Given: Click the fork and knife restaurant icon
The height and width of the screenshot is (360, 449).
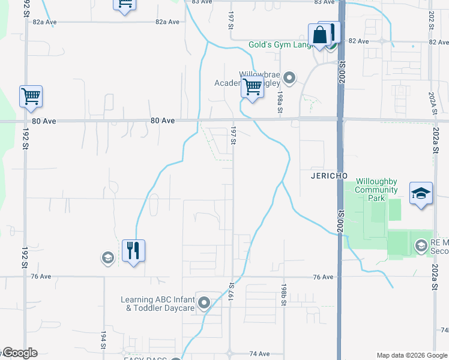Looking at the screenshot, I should click(x=133, y=250).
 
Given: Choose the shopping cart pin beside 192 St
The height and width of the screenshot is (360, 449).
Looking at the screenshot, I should click(x=30, y=96).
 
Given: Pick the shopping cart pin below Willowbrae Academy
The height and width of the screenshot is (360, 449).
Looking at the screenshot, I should click(x=252, y=88).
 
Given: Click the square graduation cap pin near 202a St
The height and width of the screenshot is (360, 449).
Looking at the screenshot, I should click(x=421, y=193).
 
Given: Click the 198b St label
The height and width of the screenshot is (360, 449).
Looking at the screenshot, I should click(x=282, y=296).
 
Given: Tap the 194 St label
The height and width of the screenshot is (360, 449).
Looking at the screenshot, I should click(x=103, y=340).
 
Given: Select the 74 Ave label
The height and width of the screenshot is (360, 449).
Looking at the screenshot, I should click(x=259, y=354).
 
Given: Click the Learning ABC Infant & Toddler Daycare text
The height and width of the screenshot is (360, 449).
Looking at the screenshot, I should click(x=158, y=304).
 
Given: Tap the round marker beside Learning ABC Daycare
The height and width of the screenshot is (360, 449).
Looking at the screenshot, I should click(x=204, y=303).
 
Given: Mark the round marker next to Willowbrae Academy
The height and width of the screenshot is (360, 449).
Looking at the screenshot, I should click(x=289, y=77).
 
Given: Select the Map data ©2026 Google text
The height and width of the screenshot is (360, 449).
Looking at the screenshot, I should click(x=411, y=355).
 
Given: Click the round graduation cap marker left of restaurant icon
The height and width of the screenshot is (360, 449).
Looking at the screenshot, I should click(x=107, y=258).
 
